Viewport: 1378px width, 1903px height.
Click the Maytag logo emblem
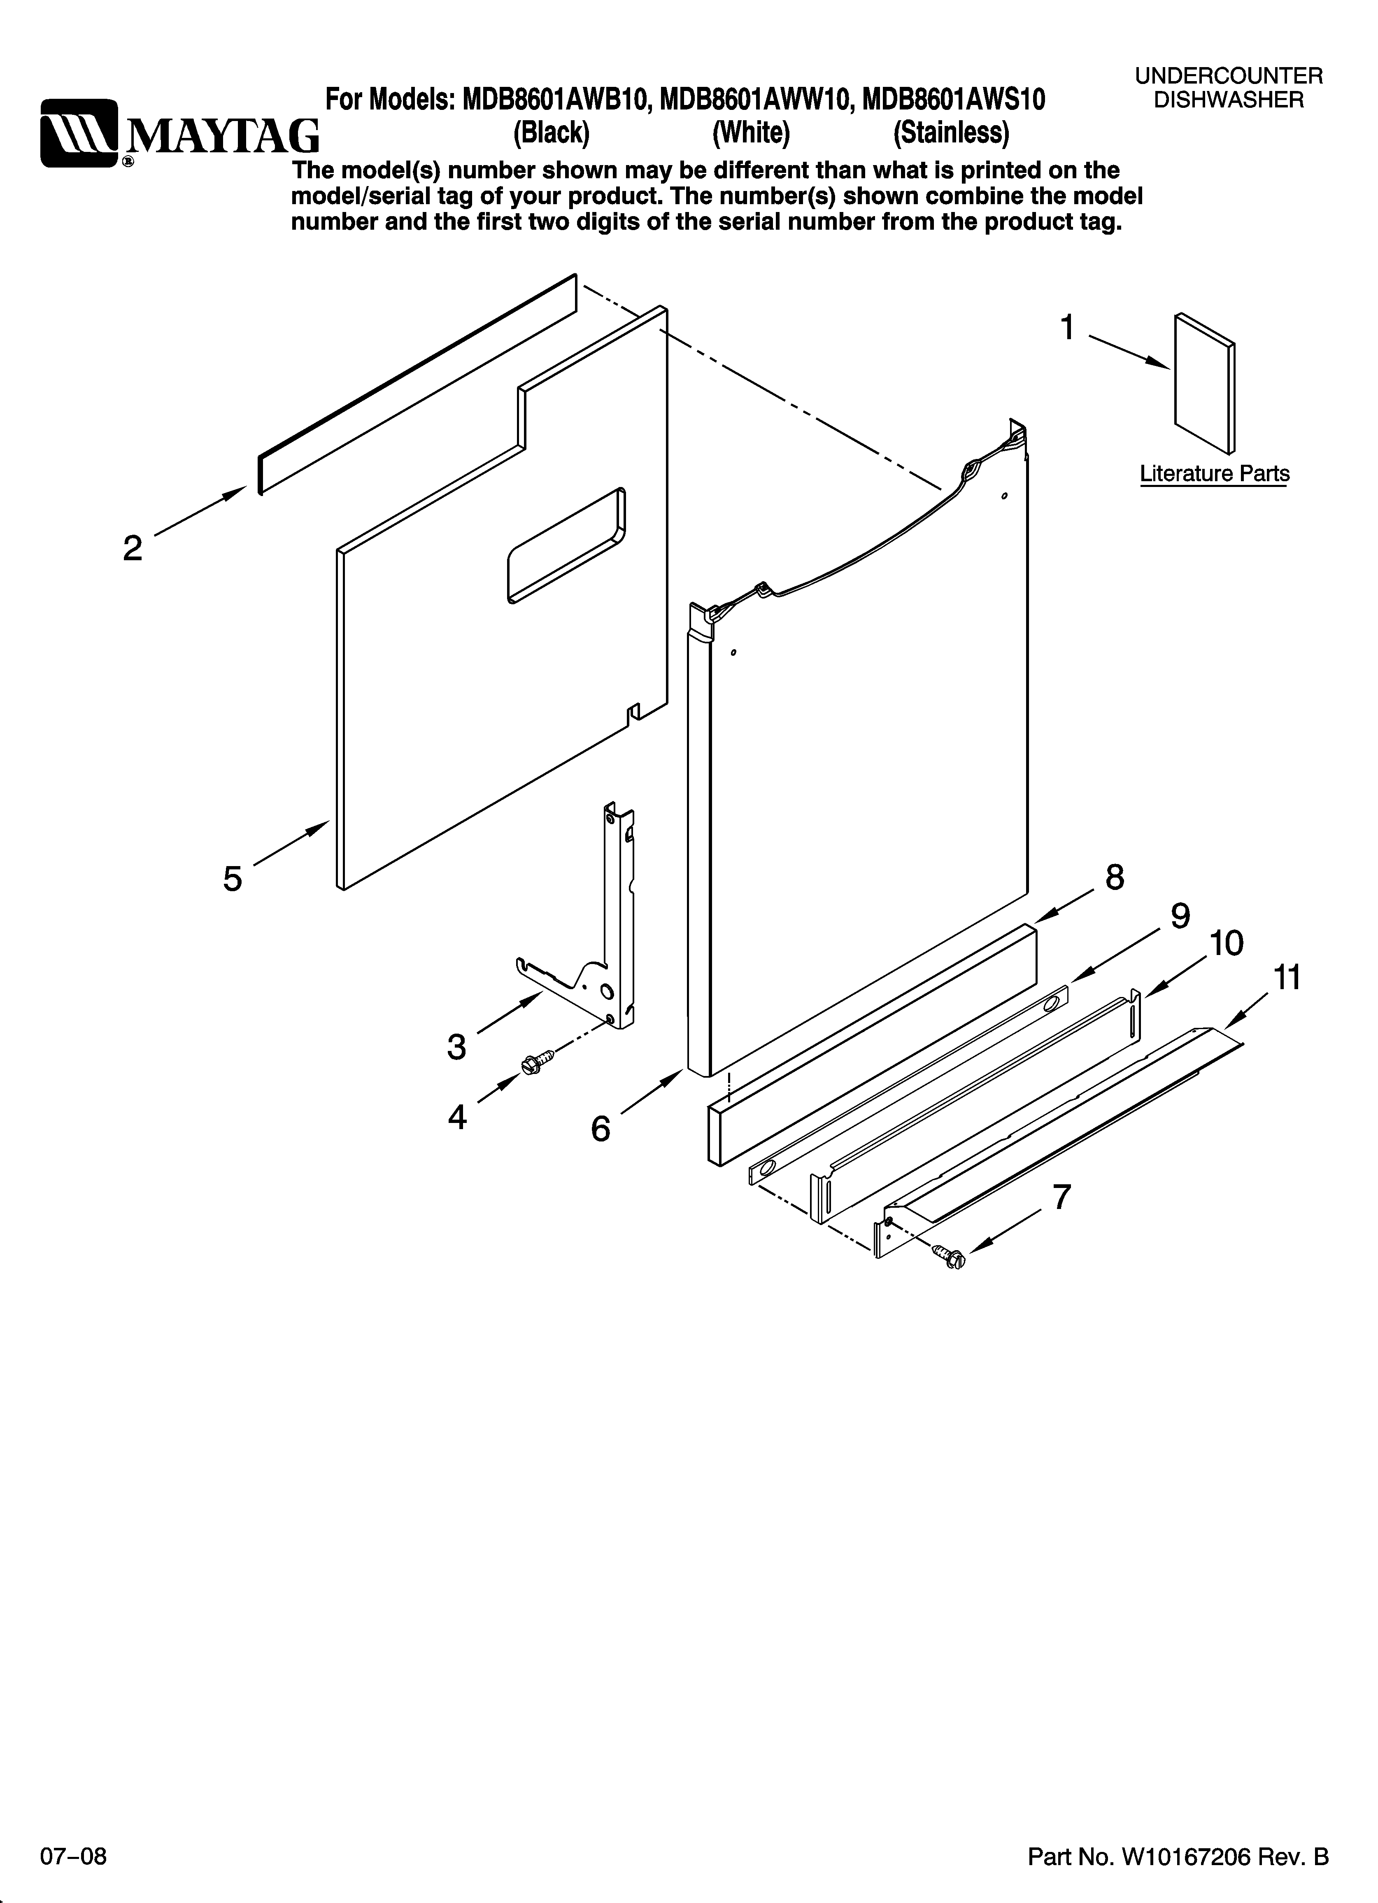point(80,133)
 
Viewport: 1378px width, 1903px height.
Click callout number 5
point(233,878)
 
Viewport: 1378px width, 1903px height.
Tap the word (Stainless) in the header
point(951,133)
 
